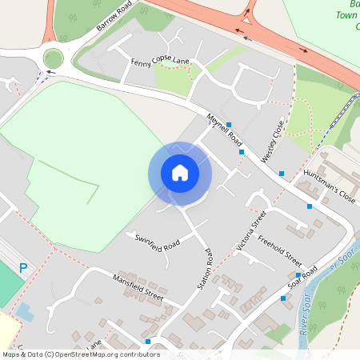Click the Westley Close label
coord(273,142)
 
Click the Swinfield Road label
coord(158,239)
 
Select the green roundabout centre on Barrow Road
coord(54,58)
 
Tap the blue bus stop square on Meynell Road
coord(229,125)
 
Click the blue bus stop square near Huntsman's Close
coord(310,206)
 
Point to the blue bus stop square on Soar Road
coord(283,298)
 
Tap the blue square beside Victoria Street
coord(241,151)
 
